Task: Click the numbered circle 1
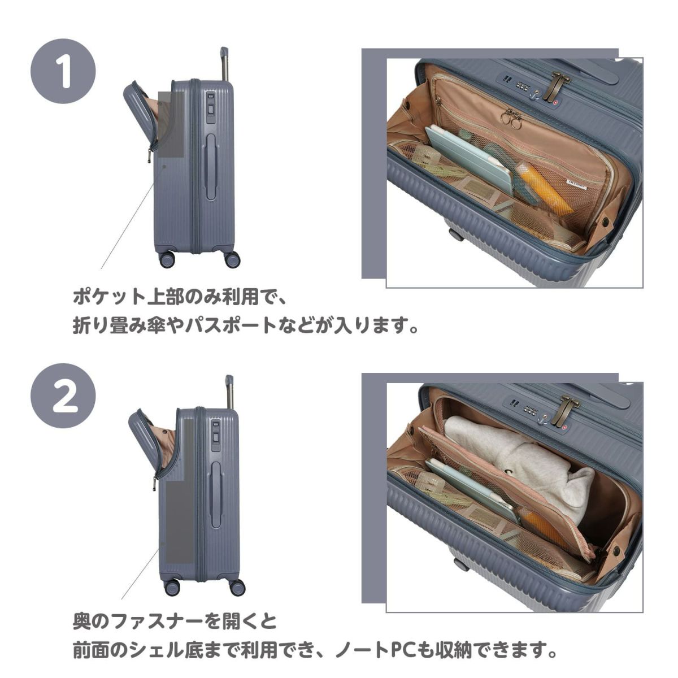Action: pos(63,71)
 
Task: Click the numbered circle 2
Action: pos(63,395)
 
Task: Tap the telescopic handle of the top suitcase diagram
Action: pos(224,64)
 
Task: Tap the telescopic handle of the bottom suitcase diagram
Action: pos(229,392)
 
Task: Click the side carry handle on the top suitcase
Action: pos(211,167)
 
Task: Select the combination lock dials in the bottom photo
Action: pos(532,410)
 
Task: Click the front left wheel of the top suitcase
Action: pos(167,259)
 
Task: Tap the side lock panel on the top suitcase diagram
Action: pos(210,108)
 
